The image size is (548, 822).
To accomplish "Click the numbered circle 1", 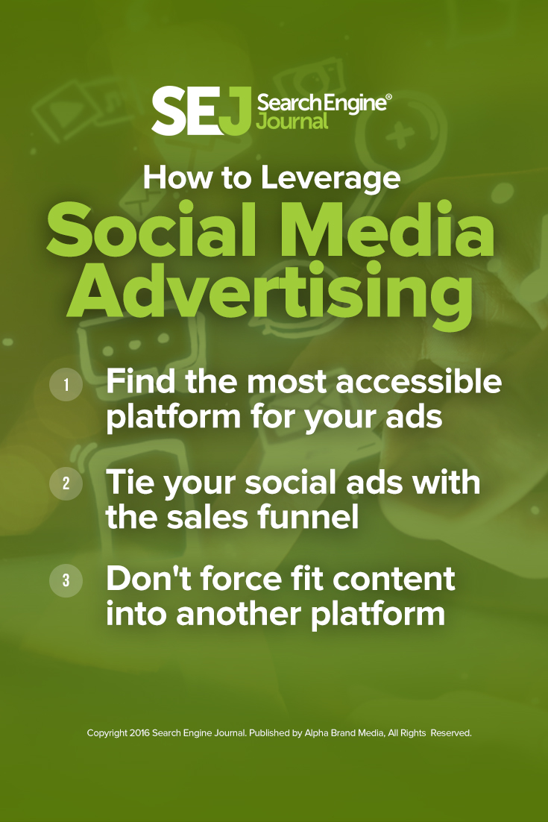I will tap(66, 385).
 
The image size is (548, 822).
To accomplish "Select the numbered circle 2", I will tap(66, 483).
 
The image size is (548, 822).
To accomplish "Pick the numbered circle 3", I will tap(66, 580).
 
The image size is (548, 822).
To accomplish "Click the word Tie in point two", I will tap(130, 482).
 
